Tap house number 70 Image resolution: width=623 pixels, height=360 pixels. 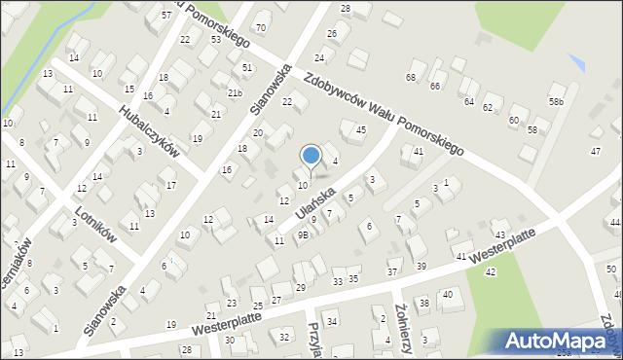point(259,27)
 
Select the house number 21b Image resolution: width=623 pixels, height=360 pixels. point(234,92)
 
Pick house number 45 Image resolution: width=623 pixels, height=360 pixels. point(360,129)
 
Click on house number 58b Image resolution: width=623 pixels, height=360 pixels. point(556,102)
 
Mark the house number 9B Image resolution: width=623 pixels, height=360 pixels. point(303,234)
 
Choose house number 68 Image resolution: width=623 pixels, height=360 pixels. point(411,77)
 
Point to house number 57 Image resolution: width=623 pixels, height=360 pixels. point(166,16)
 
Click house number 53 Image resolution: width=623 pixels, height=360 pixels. point(215,40)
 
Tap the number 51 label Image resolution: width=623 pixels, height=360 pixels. point(248,67)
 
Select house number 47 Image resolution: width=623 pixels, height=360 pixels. point(596,151)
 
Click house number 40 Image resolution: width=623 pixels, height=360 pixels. point(448,294)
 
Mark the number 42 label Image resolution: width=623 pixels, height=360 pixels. point(490,271)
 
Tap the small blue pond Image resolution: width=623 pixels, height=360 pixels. point(577,62)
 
